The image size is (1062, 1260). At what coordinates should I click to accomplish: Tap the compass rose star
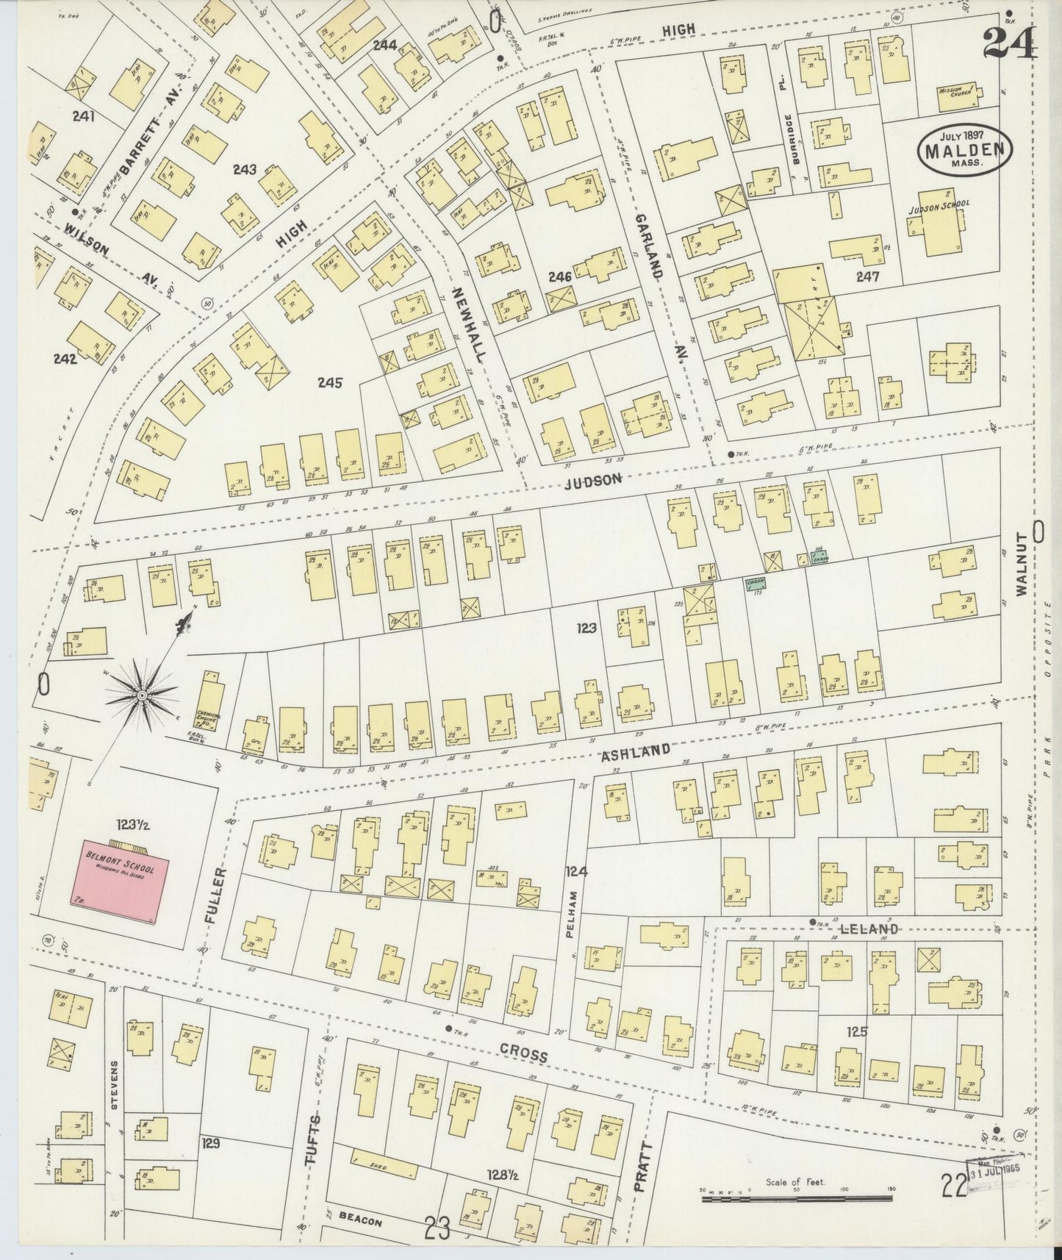coord(140,693)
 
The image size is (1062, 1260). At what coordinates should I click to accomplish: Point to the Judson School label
coord(939,207)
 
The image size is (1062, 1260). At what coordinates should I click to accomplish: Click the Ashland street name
coord(636,751)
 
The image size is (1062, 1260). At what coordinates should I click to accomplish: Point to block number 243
coord(244,170)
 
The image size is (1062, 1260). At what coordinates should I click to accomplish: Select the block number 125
coord(857,1031)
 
